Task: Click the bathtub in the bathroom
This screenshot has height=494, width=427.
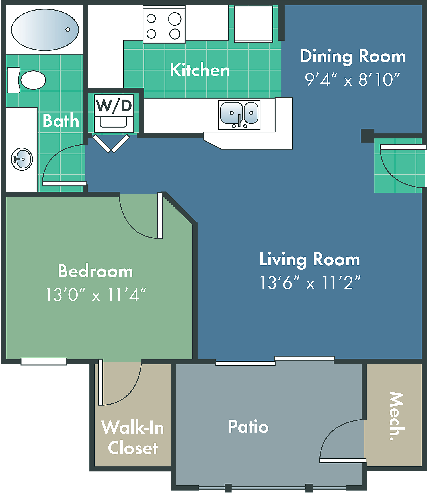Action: (x=45, y=30)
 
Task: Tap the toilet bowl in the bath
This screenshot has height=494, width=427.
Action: (x=33, y=80)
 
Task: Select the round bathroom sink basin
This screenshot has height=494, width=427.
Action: (x=22, y=159)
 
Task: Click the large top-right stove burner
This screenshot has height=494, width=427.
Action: (x=175, y=19)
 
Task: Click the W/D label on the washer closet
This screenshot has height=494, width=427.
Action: (x=114, y=105)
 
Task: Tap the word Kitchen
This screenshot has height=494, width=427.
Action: (x=200, y=70)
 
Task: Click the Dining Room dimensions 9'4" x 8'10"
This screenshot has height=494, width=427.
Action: (x=352, y=79)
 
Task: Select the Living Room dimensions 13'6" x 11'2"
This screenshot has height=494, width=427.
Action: (x=310, y=283)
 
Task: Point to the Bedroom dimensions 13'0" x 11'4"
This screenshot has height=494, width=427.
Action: (x=96, y=295)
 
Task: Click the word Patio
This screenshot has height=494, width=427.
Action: (x=248, y=426)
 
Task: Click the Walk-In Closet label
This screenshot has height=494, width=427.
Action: (x=133, y=438)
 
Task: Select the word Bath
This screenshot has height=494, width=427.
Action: (x=61, y=121)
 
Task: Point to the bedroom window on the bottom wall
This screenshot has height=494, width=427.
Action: (x=44, y=361)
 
